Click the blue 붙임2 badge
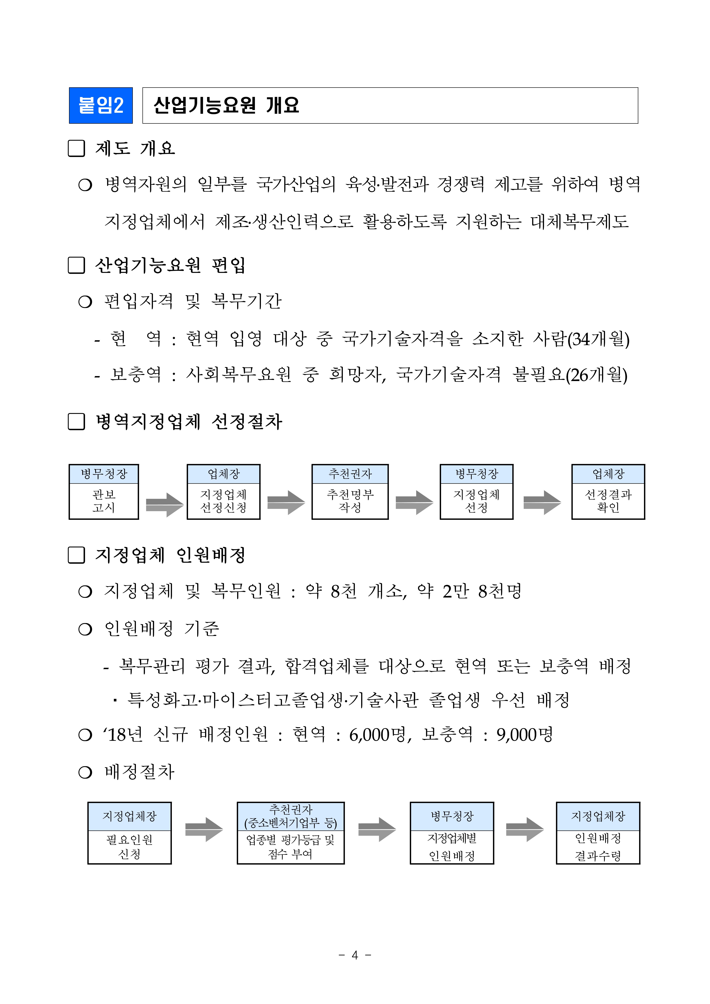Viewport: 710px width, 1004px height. [101, 105]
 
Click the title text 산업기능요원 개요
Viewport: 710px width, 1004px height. [226, 105]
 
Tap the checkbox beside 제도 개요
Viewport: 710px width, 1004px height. [76, 148]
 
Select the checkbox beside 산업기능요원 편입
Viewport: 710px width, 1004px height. [76, 265]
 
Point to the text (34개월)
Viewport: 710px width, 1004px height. [598, 339]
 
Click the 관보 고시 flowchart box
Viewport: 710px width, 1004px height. [104, 501]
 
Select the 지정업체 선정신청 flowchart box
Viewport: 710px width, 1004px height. [223, 501]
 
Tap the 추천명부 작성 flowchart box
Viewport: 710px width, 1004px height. [350, 501]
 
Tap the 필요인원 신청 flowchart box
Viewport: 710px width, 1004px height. [129, 847]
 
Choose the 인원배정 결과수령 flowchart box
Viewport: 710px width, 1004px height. [598, 847]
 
